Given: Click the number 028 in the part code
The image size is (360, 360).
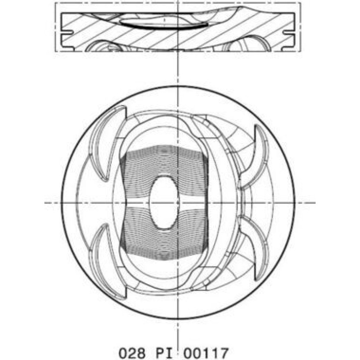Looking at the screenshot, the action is [x=132, y=353].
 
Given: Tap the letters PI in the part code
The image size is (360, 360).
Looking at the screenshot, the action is [x=164, y=353].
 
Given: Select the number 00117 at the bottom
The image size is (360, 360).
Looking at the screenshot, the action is [x=206, y=353].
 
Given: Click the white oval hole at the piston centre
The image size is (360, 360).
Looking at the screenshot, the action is [x=164, y=202].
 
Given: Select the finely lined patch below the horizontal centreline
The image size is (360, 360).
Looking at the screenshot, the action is [x=164, y=234].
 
